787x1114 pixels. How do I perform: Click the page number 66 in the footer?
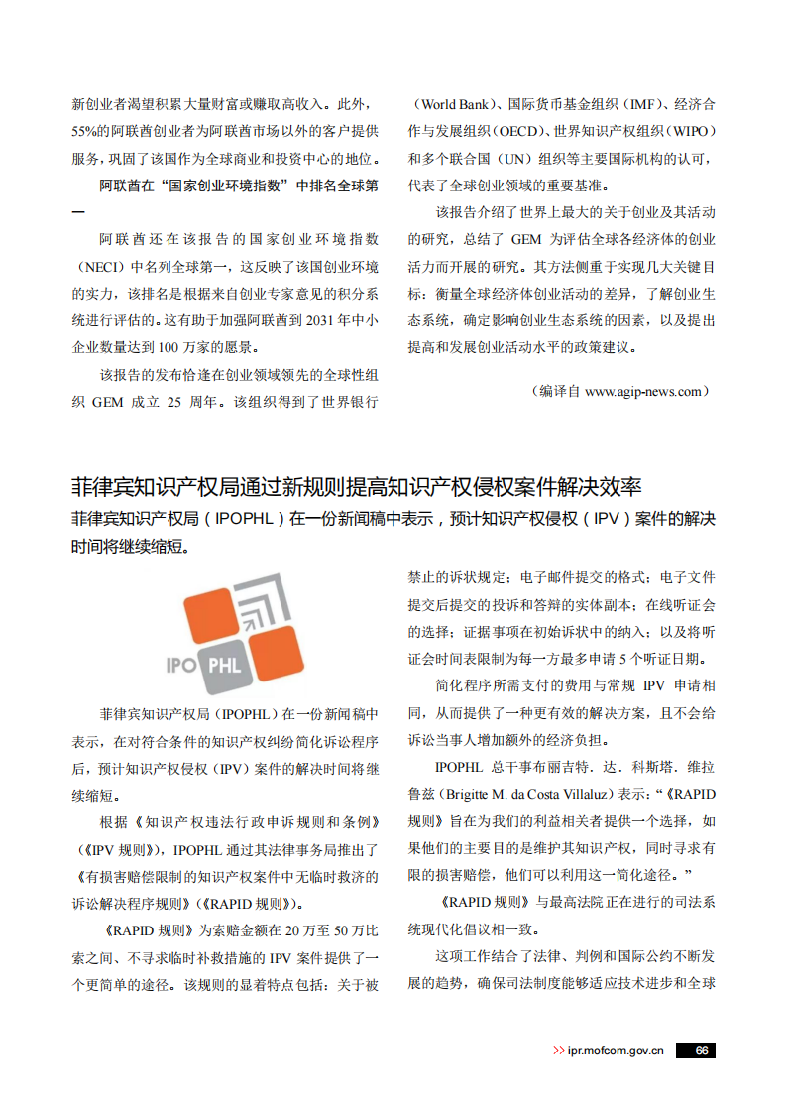point(700,1051)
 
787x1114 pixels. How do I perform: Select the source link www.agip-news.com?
point(643,392)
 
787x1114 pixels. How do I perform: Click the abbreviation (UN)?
point(517,158)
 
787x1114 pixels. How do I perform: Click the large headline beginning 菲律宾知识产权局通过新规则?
point(357,487)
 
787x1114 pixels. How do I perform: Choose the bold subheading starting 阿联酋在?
point(238,185)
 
